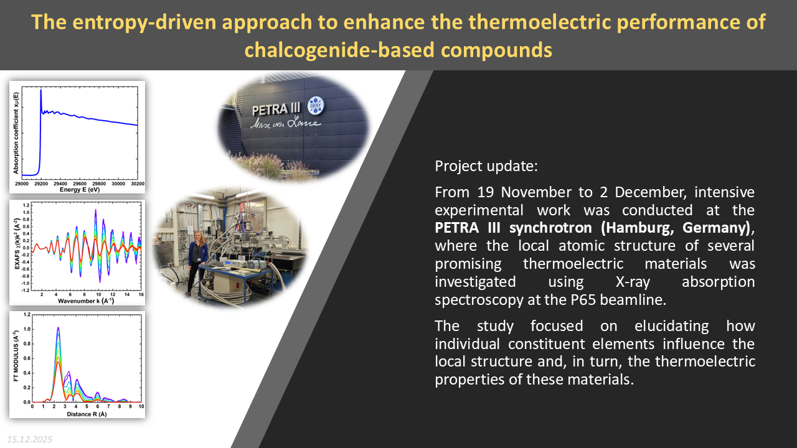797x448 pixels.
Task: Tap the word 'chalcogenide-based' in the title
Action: coord(340,50)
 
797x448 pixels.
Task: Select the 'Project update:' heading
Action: coord(486,166)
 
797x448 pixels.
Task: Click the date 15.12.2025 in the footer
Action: coord(29,439)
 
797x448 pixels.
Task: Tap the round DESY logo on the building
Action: coord(316,106)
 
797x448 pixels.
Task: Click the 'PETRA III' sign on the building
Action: coord(276,109)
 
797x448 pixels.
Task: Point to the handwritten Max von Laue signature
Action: coord(286,123)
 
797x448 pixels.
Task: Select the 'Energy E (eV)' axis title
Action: coord(80,190)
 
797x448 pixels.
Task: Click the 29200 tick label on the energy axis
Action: coord(41,184)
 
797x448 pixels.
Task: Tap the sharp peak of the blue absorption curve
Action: coord(41,90)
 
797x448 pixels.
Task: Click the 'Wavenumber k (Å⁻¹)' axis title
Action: coord(86,301)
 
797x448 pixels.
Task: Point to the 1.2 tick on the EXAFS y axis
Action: coord(26,205)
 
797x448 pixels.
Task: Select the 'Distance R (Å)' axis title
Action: coord(87,414)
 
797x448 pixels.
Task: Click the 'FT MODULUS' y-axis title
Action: coord(16,356)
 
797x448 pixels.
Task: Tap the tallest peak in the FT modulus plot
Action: coord(58,328)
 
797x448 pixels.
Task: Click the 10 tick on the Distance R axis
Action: coord(141,406)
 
